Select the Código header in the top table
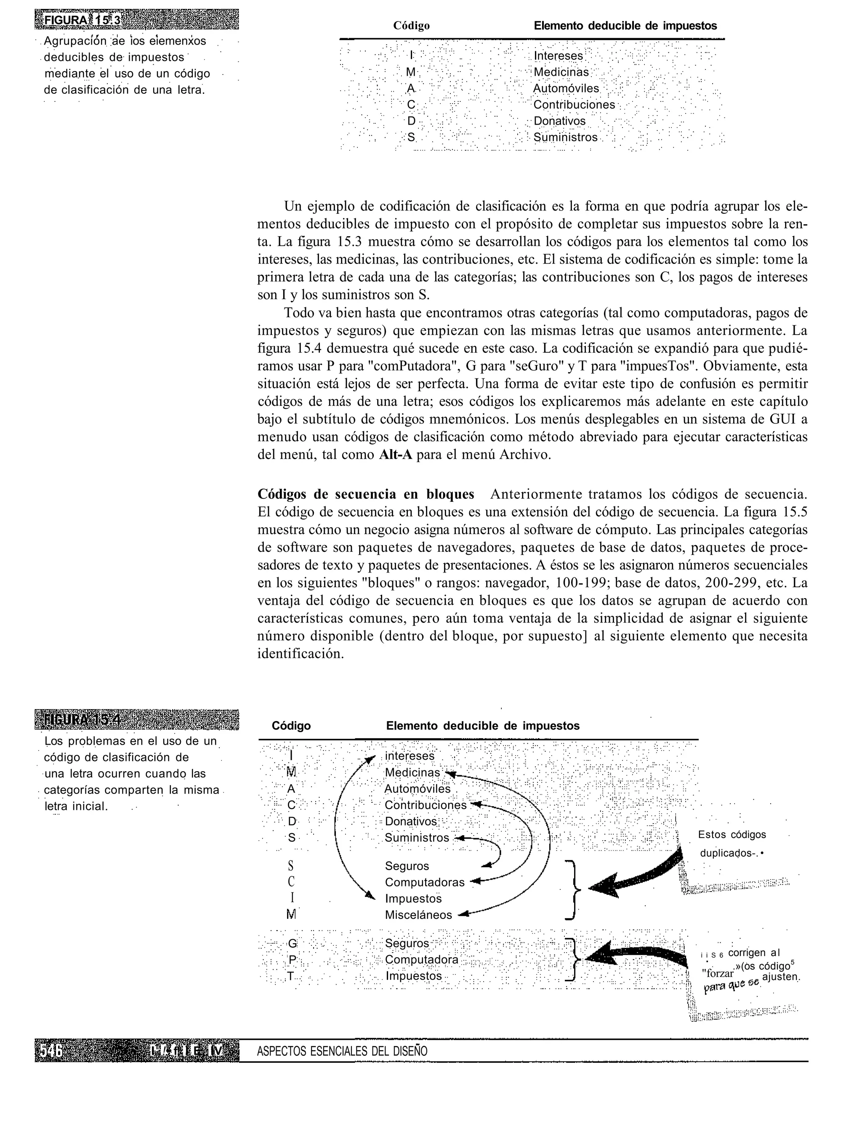pyautogui.click(x=411, y=26)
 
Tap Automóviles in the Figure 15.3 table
pyautogui.click(x=566, y=88)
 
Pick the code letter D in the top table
pyautogui.click(x=411, y=121)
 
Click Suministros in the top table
pyautogui.click(x=565, y=138)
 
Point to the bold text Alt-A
pyautogui.click(x=395, y=455)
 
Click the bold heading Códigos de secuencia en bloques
pyautogui.click(x=365, y=494)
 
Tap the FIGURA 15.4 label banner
pyautogui.click(x=136, y=719)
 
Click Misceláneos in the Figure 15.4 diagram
pyautogui.click(x=419, y=915)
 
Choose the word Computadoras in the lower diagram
pyautogui.click(x=424, y=882)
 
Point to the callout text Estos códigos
pyautogui.click(x=732, y=835)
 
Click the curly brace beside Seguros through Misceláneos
pyautogui.click(x=573, y=890)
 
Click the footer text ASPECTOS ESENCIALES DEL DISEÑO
pyautogui.click(x=342, y=1051)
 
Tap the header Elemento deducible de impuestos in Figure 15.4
pyautogui.click(x=482, y=726)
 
